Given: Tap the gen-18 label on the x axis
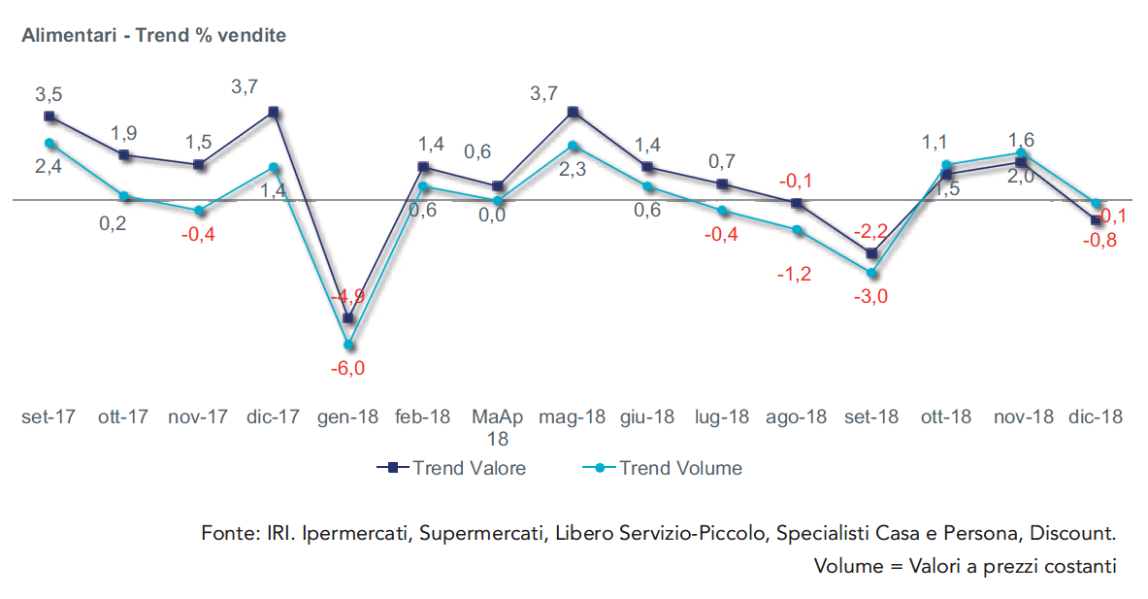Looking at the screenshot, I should coord(347,416).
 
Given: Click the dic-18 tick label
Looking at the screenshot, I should coord(1095,416).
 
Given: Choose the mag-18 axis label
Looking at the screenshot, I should coord(572,416).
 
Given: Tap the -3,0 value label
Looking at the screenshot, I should coord(869,297).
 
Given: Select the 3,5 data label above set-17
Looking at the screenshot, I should coord(49,94).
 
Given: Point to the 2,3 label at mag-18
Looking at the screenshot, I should coord(573,170).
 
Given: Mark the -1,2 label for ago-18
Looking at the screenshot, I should coord(795,274).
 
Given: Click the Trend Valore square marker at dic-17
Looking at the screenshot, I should coord(275,112).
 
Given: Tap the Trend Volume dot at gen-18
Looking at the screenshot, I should coord(348,344).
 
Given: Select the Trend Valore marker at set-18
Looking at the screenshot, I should coord(871,253).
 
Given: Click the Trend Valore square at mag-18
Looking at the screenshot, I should coord(574,112).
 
